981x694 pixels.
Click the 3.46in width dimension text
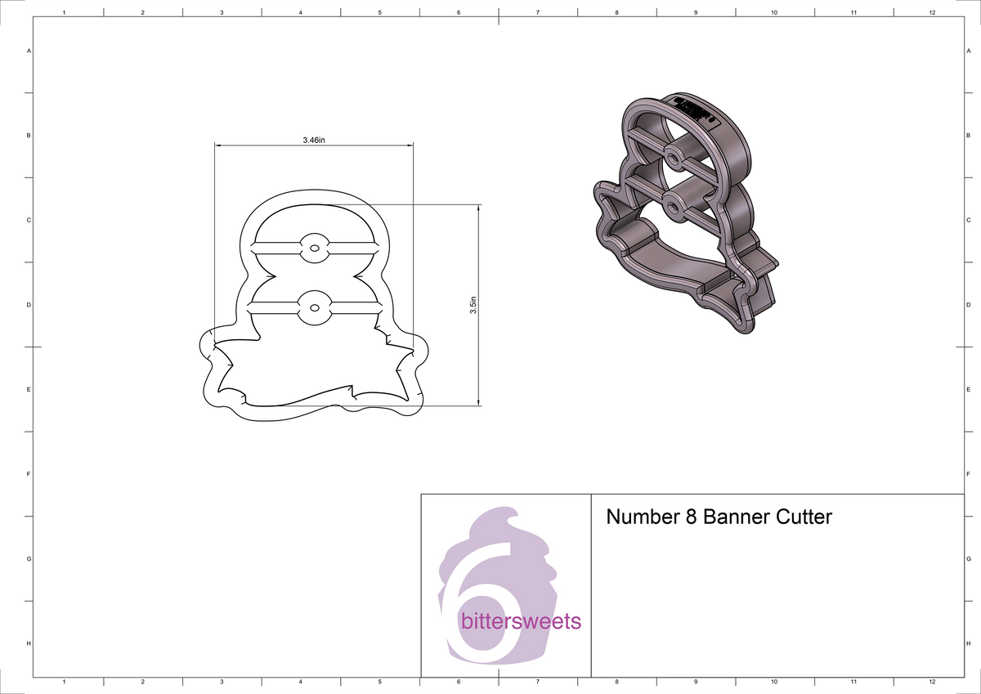pos(314,141)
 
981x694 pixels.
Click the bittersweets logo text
pos(521,621)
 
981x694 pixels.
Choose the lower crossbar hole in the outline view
pos(313,308)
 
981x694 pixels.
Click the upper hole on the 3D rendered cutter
pos(673,154)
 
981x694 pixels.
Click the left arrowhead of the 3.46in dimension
pos(217,146)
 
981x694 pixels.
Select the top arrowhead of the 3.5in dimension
pos(478,208)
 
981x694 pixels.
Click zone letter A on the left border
pos(29,51)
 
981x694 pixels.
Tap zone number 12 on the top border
pos(932,13)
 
